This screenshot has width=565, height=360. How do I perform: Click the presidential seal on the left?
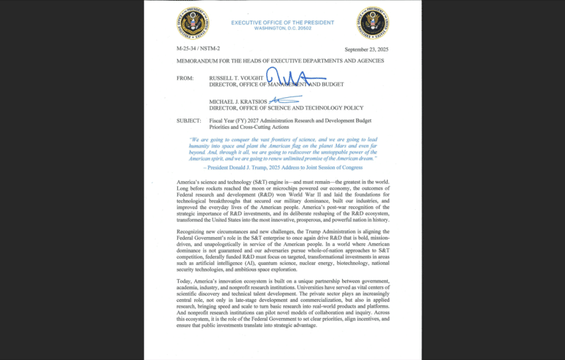(x=193, y=23)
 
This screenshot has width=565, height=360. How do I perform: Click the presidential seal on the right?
(x=372, y=23)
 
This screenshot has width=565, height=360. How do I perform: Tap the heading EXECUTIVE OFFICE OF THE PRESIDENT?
(x=282, y=22)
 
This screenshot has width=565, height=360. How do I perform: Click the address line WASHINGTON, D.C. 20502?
(x=282, y=29)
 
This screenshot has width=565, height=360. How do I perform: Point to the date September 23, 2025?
(x=366, y=49)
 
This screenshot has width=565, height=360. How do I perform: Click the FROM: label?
(x=185, y=77)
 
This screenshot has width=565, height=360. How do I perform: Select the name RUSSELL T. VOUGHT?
(x=236, y=77)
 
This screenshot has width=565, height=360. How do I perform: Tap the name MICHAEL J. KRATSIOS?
(x=239, y=100)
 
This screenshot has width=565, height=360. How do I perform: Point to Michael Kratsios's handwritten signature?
(x=285, y=99)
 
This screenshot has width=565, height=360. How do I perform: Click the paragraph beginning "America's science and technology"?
(x=282, y=200)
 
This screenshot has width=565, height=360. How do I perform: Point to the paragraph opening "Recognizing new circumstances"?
(x=282, y=250)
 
